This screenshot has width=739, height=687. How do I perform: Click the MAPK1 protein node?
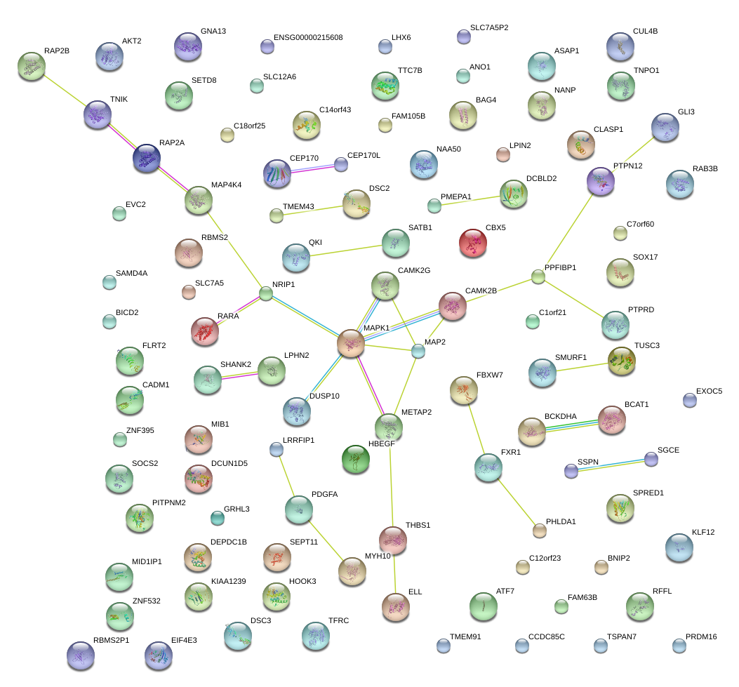350,343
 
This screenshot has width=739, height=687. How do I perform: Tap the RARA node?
204,331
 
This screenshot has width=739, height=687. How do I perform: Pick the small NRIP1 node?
266,294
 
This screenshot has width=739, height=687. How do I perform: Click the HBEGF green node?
356,459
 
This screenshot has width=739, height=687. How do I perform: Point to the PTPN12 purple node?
600,181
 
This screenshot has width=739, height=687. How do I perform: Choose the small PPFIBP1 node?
538,277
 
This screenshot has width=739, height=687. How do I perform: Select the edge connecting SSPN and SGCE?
611,465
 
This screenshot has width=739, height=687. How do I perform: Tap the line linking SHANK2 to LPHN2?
239,375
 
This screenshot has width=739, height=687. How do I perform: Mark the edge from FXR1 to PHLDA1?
514,499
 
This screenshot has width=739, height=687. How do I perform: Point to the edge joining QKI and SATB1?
345,251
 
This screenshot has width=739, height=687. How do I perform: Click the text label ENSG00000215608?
308,37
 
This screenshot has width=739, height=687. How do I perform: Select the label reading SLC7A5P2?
489,27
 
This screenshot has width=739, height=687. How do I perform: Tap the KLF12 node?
679,547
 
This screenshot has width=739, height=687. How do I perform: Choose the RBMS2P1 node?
80,655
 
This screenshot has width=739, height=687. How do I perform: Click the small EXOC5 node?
690,400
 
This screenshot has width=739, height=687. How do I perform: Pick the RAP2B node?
32,65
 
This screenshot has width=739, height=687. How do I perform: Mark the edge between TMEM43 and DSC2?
315,210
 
